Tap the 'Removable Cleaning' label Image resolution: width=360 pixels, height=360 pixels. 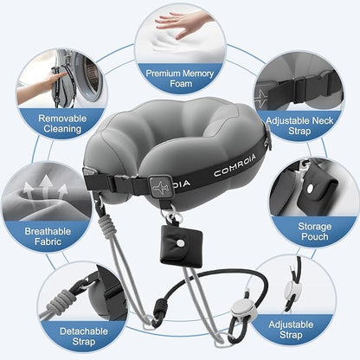[x=63, y=123]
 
